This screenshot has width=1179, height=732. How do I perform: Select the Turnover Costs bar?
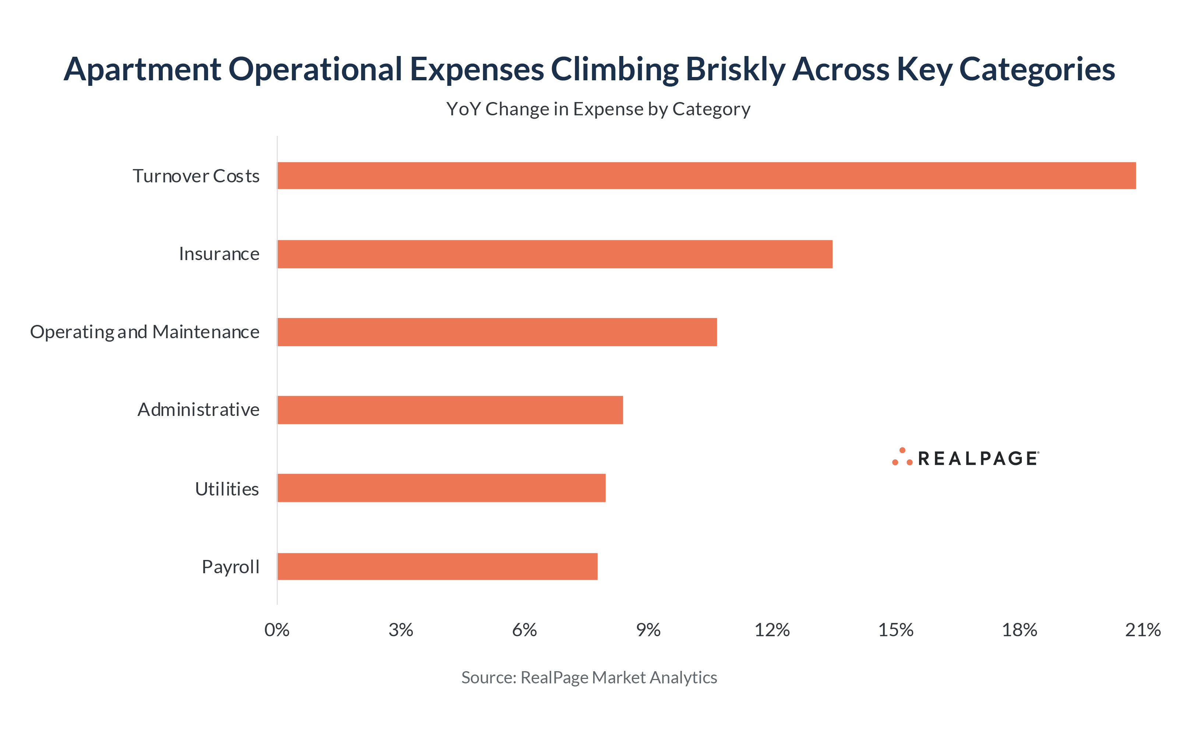(x=706, y=175)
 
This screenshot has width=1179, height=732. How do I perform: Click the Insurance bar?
(x=555, y=254)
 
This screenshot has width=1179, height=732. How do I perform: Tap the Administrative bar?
(x=450, y=410)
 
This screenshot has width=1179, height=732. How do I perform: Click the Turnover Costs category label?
(x=196, y=176)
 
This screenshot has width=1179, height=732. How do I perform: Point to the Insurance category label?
(x=219, y=254)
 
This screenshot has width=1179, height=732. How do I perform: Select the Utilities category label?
(x=226, y=489)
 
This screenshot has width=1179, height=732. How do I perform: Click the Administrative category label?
(x=198, y=410)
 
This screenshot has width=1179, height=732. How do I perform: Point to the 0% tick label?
(x=277, y=630)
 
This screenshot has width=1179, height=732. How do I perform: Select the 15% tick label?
(x=895, y=630)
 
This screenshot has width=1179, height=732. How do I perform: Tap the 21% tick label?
(x=1143, y=630)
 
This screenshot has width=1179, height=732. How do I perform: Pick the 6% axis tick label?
(x=524, y=630)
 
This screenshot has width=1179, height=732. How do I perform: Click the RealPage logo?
(x=965, y=458)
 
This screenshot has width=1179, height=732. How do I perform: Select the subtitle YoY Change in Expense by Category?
(x=598, y=109)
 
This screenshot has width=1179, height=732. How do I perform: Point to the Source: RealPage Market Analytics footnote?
(x=589, y=677)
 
